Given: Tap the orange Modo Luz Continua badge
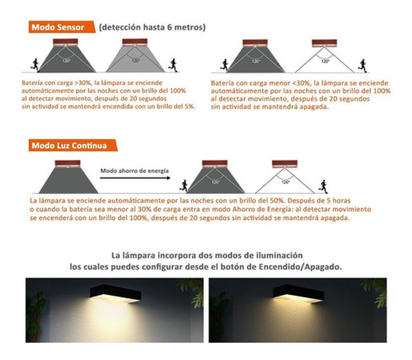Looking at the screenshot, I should click(69, 146).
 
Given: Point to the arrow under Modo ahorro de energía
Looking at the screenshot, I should click(134, 178).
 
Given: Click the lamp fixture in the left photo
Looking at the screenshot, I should click(115, 294).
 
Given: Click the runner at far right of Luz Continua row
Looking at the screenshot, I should click(323, 185).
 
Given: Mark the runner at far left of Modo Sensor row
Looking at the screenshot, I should click(35, 64).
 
